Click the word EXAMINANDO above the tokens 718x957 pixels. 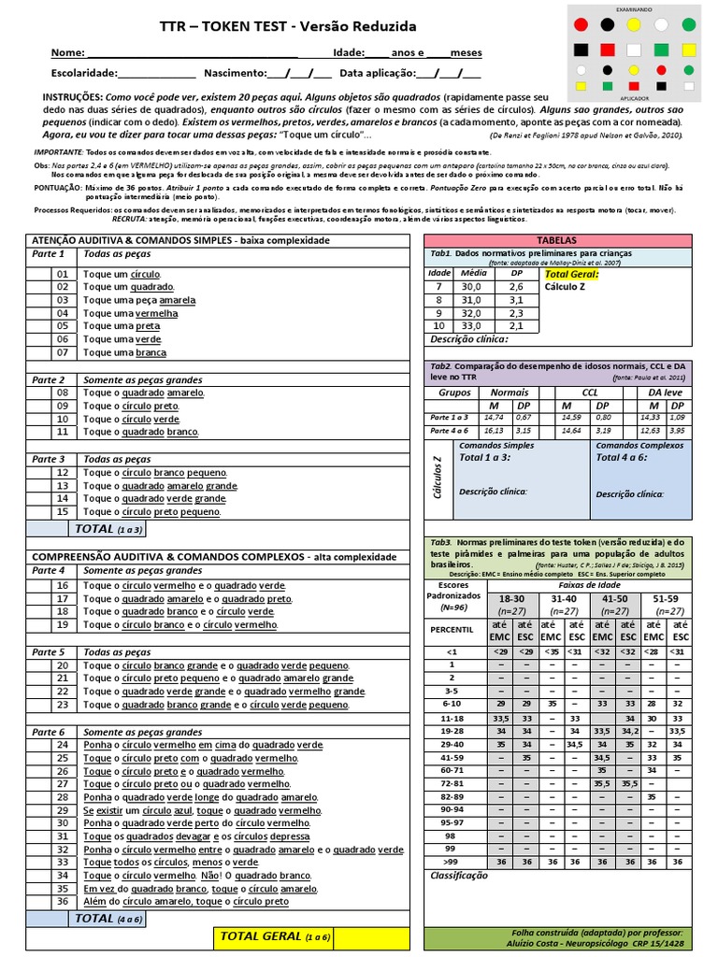(x=634, y=7)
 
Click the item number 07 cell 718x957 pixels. (x=63, y=353)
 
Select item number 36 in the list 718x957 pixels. (x=63, y=902)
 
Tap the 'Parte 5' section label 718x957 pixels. (x=49, y=652)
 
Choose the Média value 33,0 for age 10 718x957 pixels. (x=470, y=326)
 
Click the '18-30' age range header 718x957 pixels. (x=511, y=598)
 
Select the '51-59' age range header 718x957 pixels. (x=667, y=598)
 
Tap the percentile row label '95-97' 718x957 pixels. (x=452, y=822)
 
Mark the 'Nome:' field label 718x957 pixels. (x=66, y=53)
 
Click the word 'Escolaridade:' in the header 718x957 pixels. (x=84, y=73)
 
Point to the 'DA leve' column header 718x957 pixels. (x=667, y=393)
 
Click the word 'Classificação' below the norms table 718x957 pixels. (x=459, y=876)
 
